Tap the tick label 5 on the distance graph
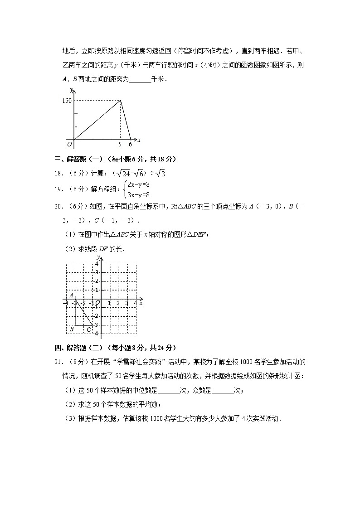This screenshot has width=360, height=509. pos(120,145)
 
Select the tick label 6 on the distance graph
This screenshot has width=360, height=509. pos(130,145)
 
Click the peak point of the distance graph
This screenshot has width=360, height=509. pos(120,101)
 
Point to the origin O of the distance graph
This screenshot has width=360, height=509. pos(69,145)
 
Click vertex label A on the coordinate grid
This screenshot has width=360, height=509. pos(72,295)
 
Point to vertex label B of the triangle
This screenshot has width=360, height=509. pos(72,330)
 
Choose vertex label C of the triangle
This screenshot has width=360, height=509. pos(89,330)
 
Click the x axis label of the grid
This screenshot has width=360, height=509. pos(141,303)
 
